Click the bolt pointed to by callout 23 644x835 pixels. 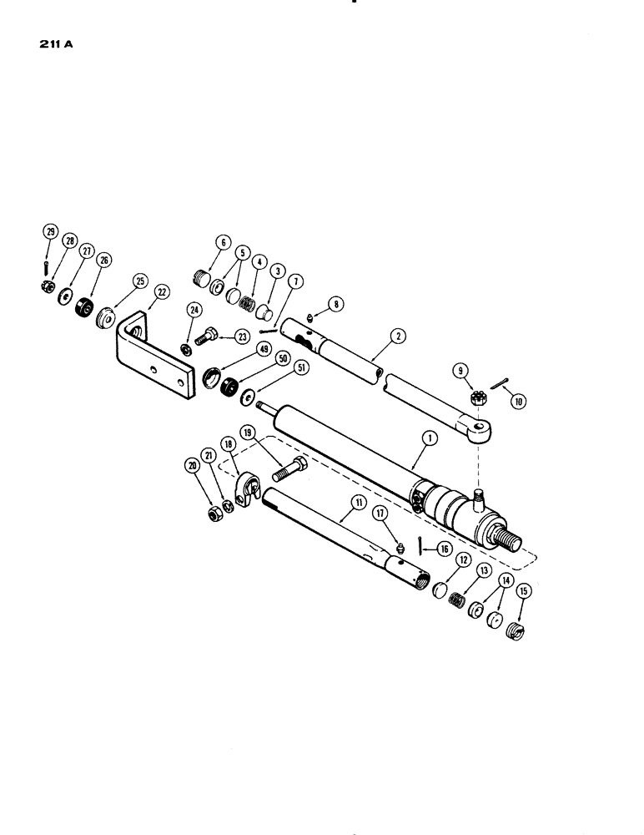point(207,340)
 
